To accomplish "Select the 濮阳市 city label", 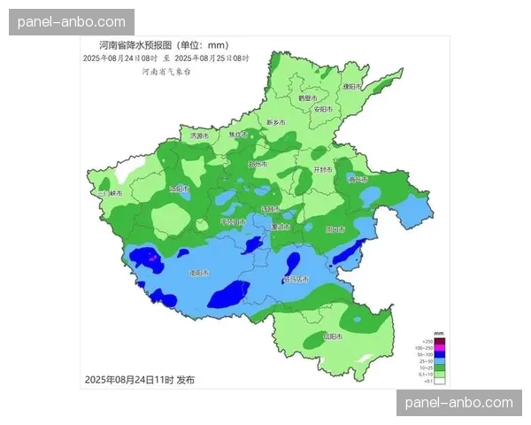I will pos(352,86).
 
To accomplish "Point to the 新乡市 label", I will pos(276,122).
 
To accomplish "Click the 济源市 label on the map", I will pos(199,136).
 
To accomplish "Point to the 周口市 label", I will pos(335,229).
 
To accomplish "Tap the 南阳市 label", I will pos(199,274).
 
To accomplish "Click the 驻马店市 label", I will pos(296,279).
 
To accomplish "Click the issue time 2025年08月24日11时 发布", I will pos(139,379).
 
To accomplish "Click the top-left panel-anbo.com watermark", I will pos(71,21).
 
